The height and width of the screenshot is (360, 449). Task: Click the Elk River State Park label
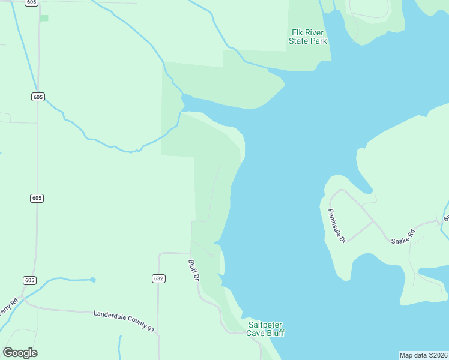click(308, 37)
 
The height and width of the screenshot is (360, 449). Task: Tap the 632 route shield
click(158, 278)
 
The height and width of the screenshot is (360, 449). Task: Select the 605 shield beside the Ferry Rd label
click(30, 280)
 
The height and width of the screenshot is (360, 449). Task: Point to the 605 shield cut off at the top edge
click(32, 2)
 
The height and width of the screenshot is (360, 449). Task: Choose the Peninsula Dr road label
click(337, 226)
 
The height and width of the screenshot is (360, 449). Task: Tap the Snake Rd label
click(403, 237)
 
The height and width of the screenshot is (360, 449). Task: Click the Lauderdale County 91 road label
click(124, 321)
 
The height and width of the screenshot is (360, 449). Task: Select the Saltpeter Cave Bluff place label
click(266, 329)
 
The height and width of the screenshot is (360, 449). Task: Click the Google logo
click(20, 353)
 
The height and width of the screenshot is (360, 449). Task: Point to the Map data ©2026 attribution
click(423, 355)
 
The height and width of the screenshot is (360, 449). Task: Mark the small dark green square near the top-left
click(44, 18)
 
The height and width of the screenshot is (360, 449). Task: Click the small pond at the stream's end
click(92, 280)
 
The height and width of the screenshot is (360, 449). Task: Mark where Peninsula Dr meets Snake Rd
click(374, 221)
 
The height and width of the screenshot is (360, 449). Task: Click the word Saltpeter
click(265, 325)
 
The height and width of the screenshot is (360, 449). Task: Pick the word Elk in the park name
click(297, 33)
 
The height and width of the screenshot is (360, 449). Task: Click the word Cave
click(256, 333)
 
